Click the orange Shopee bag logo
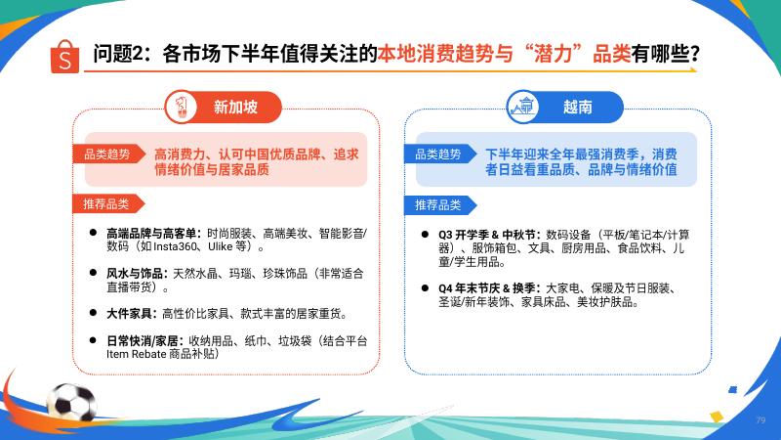pos(64,57)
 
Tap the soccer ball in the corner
pos(71,403)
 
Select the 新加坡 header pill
pos(224,107)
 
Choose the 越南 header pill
pos(565,107)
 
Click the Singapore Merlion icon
pos(181,107)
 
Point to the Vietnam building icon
pos(522,107)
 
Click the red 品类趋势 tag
pos(109,154)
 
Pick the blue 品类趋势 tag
pos(440,154)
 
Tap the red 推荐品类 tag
pos(108,204)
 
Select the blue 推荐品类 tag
pos(440,205)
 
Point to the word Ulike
pos(221,247)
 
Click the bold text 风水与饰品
pos(135,274)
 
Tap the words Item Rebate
pos(136,354)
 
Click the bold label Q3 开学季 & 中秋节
pos(486,235)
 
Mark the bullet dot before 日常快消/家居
pos(93,340)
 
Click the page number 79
pos(760,420)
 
